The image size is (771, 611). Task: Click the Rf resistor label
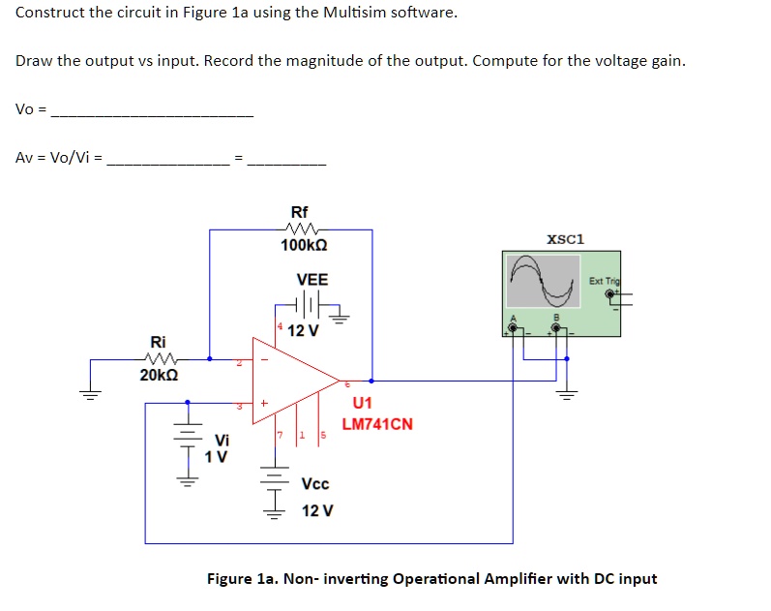300,212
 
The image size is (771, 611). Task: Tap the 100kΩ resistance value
303,245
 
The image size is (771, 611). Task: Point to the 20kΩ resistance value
160,375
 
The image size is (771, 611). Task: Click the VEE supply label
311,280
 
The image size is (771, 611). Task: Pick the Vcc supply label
315,484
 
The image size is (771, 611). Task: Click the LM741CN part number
377,424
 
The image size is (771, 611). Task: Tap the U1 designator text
363,403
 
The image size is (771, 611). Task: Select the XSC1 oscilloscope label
566,239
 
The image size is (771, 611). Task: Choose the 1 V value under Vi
217,456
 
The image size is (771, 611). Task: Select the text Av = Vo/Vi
57,158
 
